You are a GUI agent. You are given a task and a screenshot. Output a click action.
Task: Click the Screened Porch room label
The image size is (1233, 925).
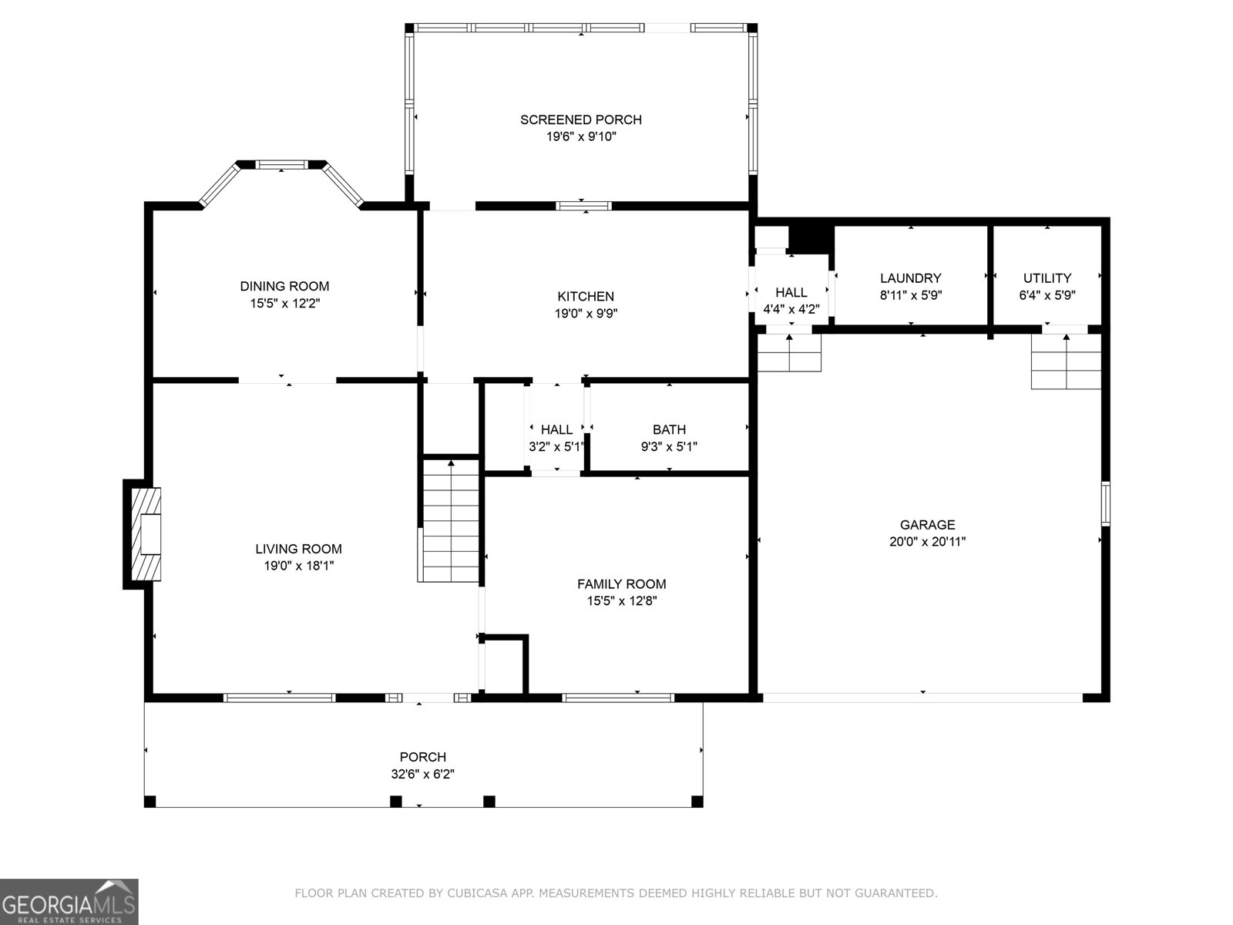click(x=580, y=119)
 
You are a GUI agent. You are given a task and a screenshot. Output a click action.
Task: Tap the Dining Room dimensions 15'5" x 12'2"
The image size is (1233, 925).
click(x=284, y=304)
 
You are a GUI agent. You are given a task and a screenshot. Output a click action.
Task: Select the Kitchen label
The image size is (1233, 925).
click(x=586, y=296)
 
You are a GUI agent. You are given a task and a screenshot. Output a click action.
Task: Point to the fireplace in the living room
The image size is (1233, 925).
click(x=146, y=533)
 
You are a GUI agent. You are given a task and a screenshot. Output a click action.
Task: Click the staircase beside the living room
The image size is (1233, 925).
click(x=451, y=520)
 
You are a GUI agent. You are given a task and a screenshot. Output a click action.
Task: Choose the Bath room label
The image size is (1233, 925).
click(x=669, y=429)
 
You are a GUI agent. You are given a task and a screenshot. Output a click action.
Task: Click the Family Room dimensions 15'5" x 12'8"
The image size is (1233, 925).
click(x=621, y=601)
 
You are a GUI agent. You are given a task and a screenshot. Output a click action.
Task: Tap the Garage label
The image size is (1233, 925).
click(x=927, y=525)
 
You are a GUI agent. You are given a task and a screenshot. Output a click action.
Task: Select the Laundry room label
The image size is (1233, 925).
click(x=910, y=278)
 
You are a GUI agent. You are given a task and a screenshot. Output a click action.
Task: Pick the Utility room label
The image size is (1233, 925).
click(x=1047, y=278)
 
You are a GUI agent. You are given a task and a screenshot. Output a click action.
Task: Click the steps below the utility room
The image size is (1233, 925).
click(x=1066, y=362)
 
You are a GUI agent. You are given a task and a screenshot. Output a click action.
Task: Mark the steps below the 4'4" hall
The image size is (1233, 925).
click(x=789, y=353)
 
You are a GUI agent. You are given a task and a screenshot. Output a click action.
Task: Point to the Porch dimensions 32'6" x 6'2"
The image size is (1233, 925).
click(x=422, y=775)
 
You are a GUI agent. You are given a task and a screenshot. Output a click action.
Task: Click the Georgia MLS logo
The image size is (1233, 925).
click(x=69, y=901)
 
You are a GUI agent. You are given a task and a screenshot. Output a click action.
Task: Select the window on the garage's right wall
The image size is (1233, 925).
click(x=1105, y=503)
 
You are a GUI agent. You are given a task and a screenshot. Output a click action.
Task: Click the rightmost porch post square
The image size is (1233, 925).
click(x=697, y=802)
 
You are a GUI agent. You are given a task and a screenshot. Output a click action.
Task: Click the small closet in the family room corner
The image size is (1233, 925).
click(x=505, y=665)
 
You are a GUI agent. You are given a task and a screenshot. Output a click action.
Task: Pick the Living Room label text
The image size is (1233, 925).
click(x=298, y=549)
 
